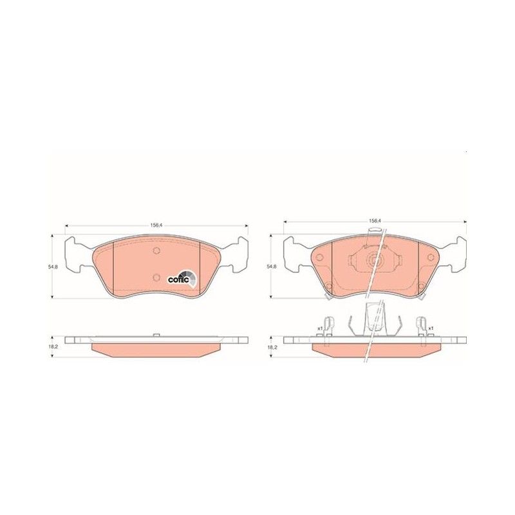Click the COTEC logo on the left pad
tap(182, 278)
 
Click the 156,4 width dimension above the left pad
tap(156, 225)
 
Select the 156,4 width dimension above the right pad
tap(375, 221)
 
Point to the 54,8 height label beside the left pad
tap(53, 267)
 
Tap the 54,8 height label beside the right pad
tap(272, 267)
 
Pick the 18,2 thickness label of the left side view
tap(54, 347)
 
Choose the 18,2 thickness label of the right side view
tap(272, 347)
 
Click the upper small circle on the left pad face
tap(156, 250)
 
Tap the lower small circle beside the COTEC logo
tap(156, 277)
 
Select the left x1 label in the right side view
tap(319, 328)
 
